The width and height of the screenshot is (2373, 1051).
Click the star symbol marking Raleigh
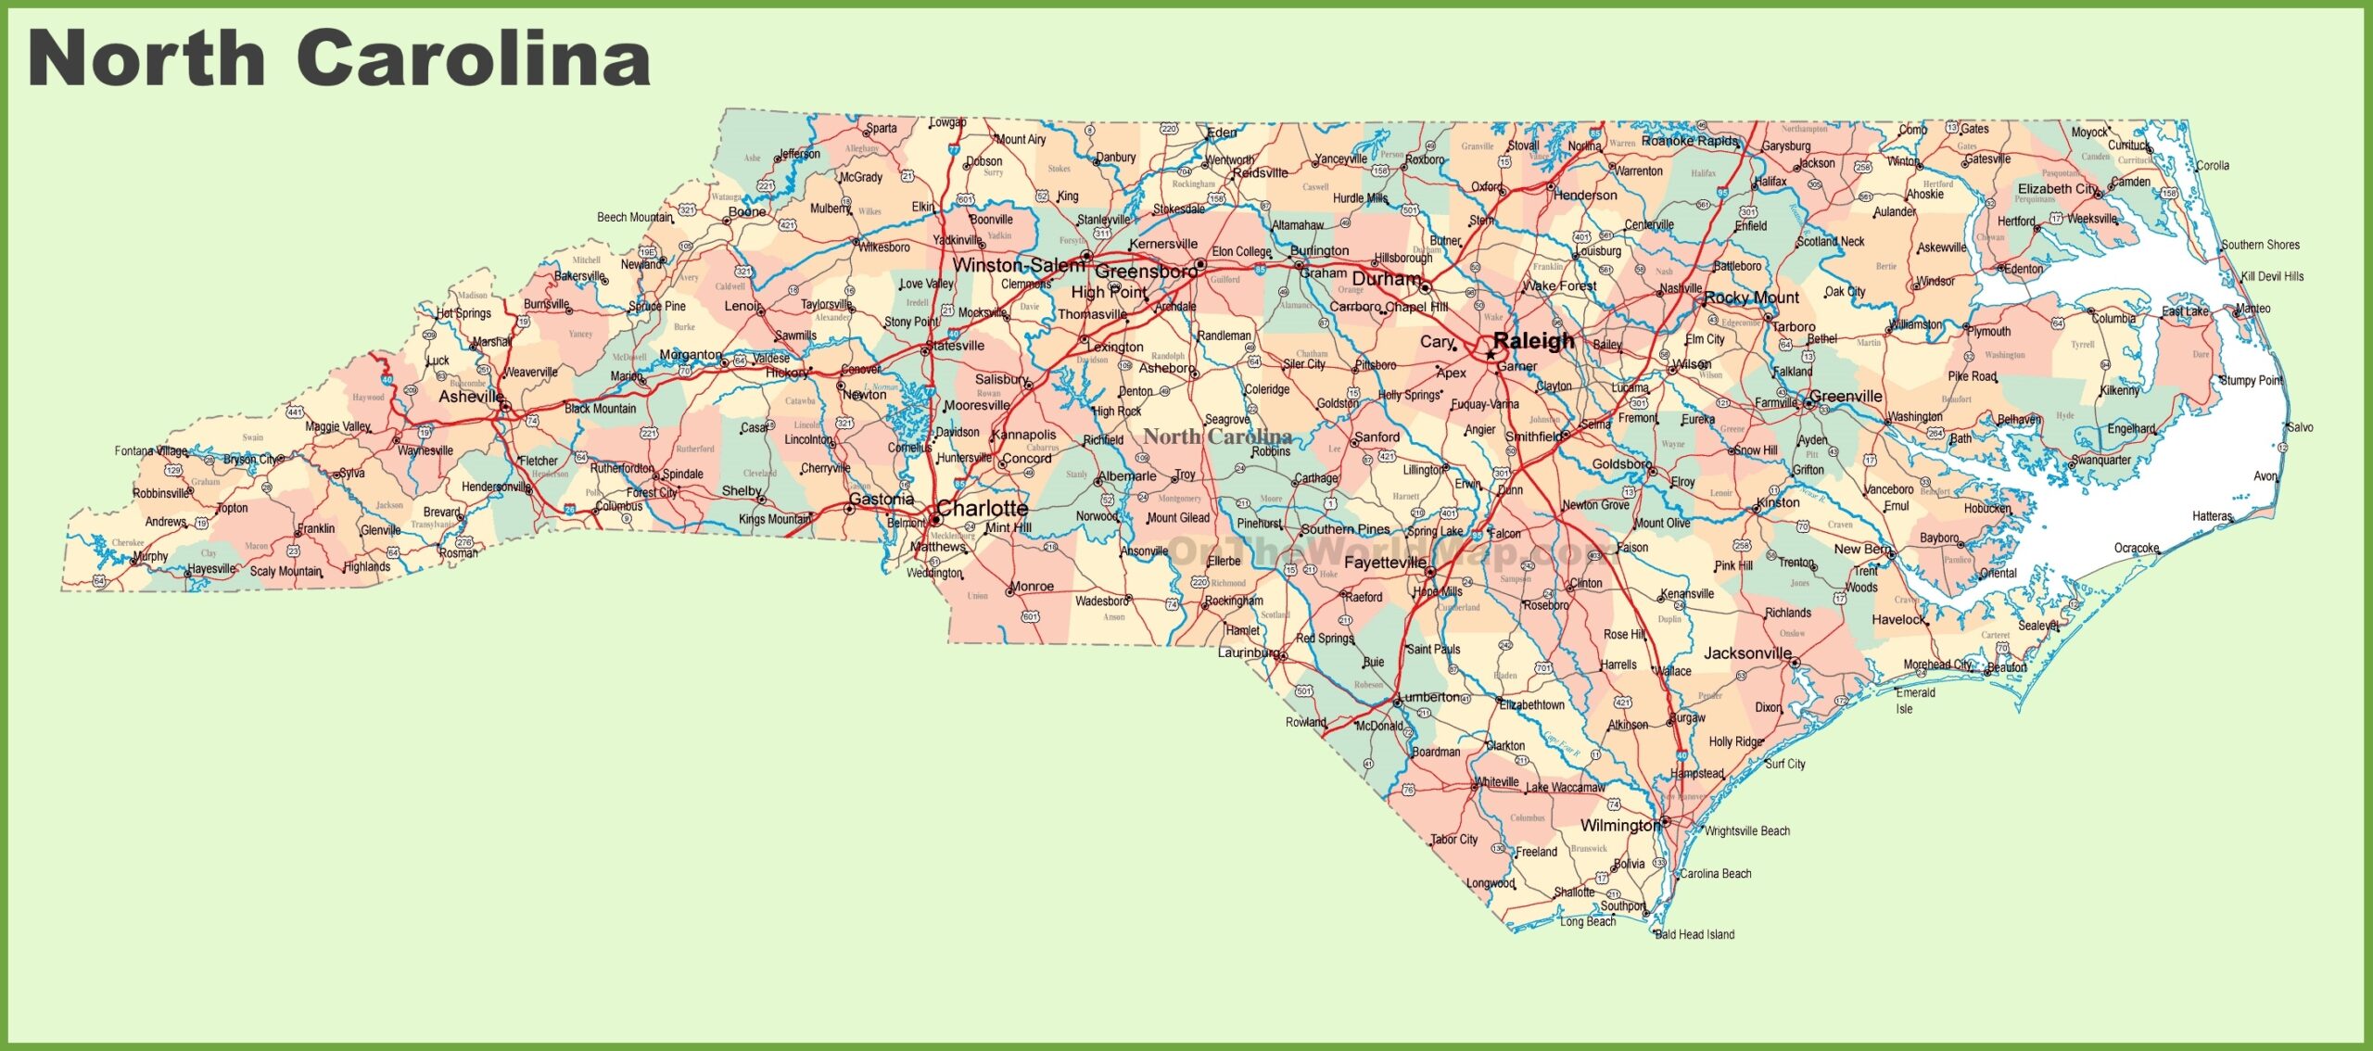[x=1490, y=354]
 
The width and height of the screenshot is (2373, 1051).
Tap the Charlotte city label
[x=982, y=508]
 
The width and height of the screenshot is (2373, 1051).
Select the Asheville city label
[x=471, y=397]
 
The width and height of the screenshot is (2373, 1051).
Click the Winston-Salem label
[x=1018, y=265]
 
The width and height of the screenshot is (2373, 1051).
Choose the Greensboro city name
[x=1146, y=272]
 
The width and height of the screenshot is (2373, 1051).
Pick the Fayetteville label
[x=1385, y=563]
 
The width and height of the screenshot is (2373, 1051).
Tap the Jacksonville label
[x=1747, y=652]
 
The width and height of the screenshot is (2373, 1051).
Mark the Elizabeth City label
[x=2058, y=188]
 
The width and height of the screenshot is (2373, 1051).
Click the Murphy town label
[x=150, y=556]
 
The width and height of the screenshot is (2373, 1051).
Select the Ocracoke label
[x=2137, y=548]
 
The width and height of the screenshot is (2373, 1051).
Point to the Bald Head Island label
[x=1694, y=934]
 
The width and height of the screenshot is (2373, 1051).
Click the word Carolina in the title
[x=473, y=57]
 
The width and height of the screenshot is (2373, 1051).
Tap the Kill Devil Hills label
[x=2272, y=276]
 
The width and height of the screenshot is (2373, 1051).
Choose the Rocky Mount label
[x=1751, y=298]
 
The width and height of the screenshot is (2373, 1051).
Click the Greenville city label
[x=1846, y=396]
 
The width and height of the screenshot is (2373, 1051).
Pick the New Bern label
[x=1861, y=549]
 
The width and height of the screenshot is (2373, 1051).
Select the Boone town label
[x=747, y=211]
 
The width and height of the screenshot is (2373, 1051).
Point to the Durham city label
[x=1386, y=278]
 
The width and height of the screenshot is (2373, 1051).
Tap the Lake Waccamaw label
[x=1566, y=787]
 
